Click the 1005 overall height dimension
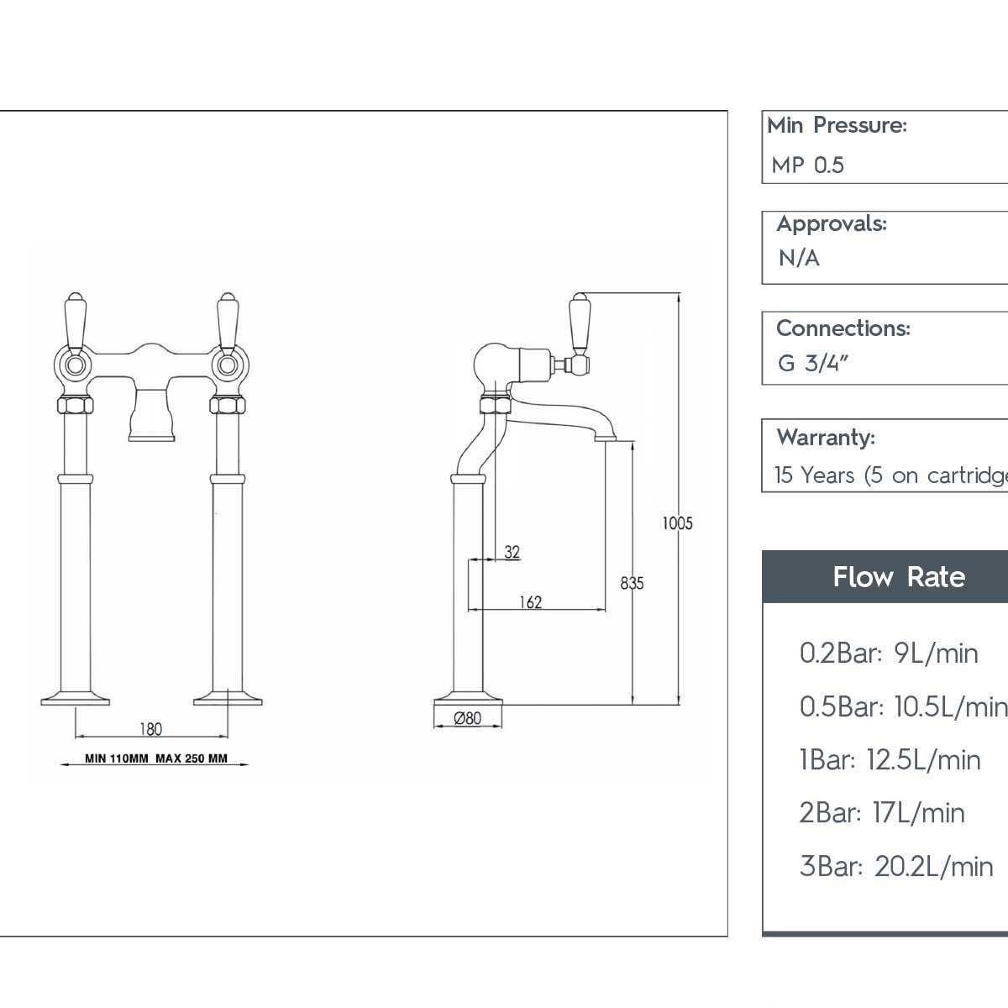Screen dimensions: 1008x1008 point(677,523)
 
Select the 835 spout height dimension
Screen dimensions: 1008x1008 point(632,582)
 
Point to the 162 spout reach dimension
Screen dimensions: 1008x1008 point(531,601)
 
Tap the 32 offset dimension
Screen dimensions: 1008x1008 point(512,552)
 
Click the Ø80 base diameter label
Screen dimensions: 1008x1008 point(468,718)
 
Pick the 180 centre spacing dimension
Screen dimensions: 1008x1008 point(150,728)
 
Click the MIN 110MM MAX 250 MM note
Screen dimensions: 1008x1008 point(156,759)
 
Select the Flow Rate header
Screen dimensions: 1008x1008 point(898,577)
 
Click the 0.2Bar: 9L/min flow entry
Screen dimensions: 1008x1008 point(889,653)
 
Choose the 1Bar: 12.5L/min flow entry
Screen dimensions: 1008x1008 point(890,759)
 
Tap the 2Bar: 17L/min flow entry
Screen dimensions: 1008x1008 point(881,812)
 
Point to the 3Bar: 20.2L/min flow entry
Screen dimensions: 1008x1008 point(895,866)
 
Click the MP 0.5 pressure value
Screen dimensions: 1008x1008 point(807,165)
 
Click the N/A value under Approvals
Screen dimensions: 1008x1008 point(799,258)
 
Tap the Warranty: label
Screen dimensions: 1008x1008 point(826,437)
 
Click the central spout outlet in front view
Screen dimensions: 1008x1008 point(151,433)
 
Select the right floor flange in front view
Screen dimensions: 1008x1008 point(228,697)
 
